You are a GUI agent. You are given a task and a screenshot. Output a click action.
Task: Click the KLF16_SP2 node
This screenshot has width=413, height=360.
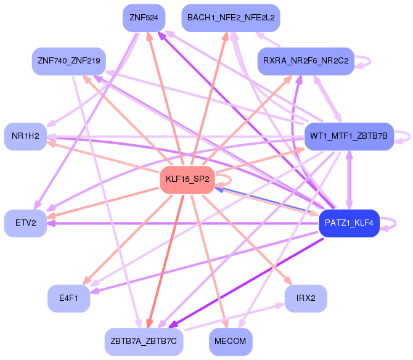187,180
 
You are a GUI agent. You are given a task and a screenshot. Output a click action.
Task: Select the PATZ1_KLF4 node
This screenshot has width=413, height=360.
349,223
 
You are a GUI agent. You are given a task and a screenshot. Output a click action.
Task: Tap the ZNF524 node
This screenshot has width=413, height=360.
144,18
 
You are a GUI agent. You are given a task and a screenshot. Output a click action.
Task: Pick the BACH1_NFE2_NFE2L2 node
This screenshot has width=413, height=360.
231,18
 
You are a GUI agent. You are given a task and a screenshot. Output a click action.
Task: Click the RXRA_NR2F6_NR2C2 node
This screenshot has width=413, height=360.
306,62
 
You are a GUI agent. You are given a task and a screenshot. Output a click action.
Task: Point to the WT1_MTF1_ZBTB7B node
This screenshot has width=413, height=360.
349,136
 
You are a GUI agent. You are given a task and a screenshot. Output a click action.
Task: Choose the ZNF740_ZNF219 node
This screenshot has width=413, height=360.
69,62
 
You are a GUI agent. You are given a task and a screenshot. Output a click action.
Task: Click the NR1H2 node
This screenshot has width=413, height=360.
25,136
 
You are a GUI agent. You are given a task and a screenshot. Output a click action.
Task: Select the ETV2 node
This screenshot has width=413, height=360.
25,223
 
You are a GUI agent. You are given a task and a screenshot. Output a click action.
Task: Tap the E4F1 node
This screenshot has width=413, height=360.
69,298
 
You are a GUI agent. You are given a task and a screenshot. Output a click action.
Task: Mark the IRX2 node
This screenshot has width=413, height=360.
306,298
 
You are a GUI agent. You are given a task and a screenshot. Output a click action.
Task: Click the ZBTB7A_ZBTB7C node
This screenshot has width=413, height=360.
144,342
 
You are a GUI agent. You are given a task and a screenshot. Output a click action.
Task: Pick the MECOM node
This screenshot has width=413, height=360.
231,342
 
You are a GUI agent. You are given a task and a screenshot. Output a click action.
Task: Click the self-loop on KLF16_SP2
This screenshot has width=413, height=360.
231,180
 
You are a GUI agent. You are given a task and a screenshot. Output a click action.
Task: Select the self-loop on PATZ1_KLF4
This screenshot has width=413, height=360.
395,224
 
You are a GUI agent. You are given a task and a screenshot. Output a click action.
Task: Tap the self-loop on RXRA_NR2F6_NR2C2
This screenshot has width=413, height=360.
370,62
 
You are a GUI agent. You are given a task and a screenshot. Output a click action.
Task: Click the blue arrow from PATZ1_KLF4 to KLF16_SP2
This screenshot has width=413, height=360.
263,200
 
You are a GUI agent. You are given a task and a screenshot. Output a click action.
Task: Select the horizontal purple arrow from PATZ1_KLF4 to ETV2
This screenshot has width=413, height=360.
183,223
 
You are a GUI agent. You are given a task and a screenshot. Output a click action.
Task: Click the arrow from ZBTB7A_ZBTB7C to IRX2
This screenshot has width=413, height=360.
234,317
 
